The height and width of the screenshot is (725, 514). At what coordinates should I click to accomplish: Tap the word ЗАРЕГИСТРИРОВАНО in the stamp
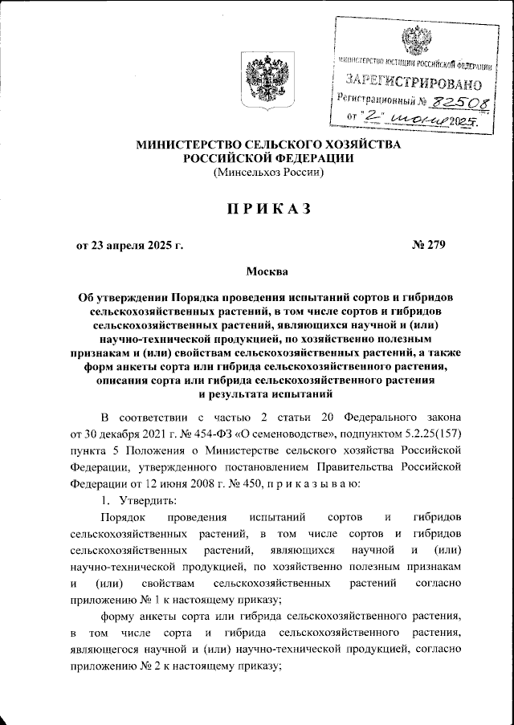414,82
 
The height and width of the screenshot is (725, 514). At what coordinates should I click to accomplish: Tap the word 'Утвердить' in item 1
141,500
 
